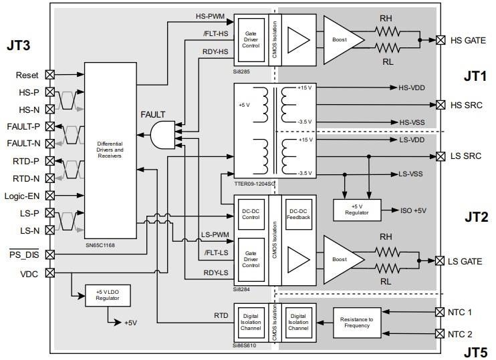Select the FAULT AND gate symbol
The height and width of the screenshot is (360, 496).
point(162,136)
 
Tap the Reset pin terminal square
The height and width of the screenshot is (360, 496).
point(49,75)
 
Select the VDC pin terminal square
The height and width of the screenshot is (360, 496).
point(49,273)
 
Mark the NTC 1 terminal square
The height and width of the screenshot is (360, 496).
point(439,312)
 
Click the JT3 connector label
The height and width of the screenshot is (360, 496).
point(21,46)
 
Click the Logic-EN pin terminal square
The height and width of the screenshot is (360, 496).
point(49,196)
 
